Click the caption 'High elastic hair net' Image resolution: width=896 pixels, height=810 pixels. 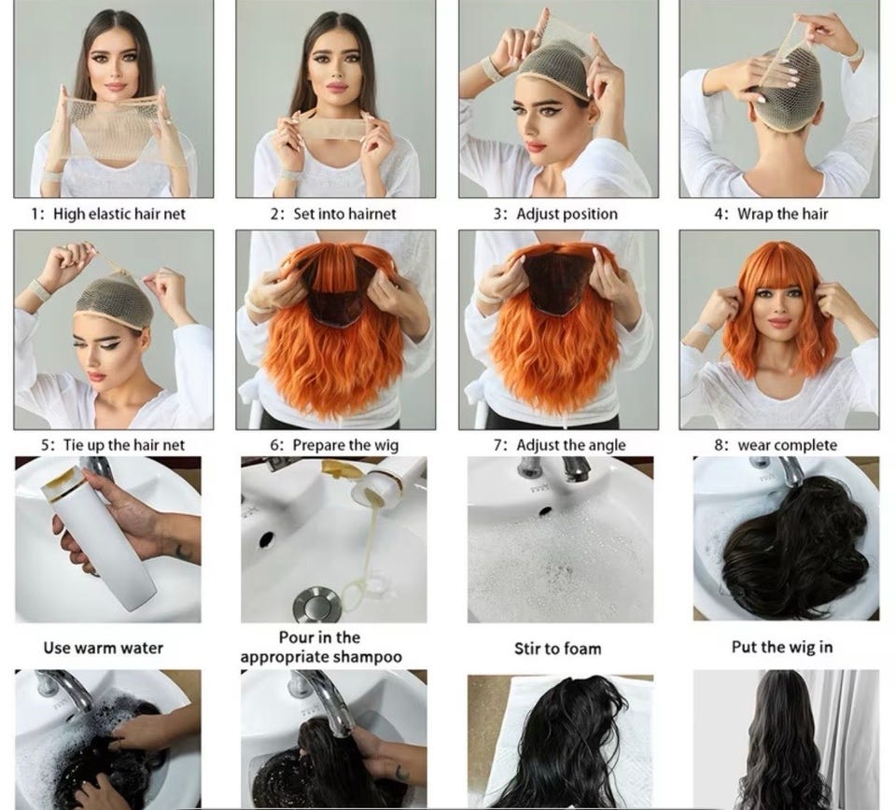119,215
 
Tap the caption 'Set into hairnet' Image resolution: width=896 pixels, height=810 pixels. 344,215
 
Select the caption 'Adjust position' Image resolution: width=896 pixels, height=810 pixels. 567,215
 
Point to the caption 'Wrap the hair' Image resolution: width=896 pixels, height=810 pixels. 782,215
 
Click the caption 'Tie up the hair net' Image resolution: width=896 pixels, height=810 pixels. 124,445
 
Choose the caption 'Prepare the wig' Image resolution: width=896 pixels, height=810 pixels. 345,445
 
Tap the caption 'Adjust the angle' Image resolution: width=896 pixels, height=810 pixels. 571,445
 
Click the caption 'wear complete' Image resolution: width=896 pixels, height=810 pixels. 788,445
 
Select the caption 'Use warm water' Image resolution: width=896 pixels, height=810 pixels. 104,648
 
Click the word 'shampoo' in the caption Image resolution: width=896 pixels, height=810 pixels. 368,658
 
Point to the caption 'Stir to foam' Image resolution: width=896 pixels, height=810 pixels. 558,649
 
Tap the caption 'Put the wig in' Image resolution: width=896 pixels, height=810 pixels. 782,648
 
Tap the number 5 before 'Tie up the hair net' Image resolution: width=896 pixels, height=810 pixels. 45,445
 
